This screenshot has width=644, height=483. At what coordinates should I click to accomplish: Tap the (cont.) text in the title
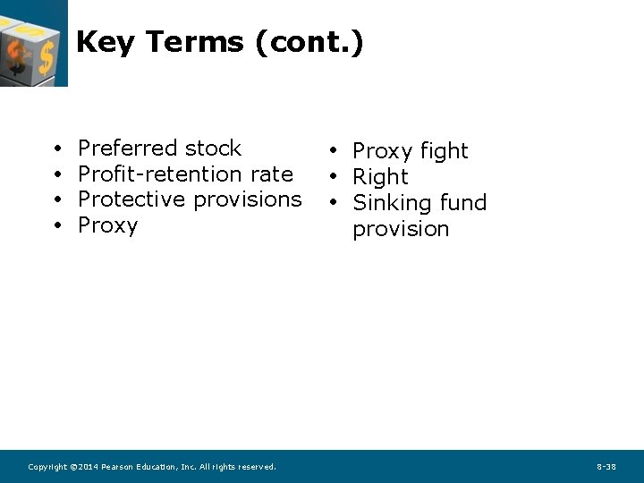coord(309,42)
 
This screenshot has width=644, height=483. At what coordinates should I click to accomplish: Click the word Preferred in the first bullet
coord(127,148)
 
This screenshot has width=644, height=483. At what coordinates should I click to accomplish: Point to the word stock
coord(212,148)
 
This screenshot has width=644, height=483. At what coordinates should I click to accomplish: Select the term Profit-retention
coord(160,174)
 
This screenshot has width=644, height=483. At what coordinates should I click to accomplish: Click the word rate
coord(271,174)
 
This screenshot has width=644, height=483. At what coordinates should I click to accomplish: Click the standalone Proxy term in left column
coord(108,225)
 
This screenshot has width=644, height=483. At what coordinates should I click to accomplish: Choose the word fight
coord(445,151)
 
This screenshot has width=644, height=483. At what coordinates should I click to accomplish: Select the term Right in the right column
coord(380,177)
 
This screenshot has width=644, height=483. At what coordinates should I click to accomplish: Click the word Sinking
coord(394,203)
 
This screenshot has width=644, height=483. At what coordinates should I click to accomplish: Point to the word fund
coord(464,203)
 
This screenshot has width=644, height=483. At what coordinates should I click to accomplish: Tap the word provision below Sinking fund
coord(401,229)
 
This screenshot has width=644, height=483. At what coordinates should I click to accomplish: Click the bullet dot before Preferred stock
coord(56,149)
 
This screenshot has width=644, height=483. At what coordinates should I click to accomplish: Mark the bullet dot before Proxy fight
coord(331,150)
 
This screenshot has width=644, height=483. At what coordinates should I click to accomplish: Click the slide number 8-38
coord(606,467)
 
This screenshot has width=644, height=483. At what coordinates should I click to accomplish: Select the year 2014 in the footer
coord(88,467)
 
